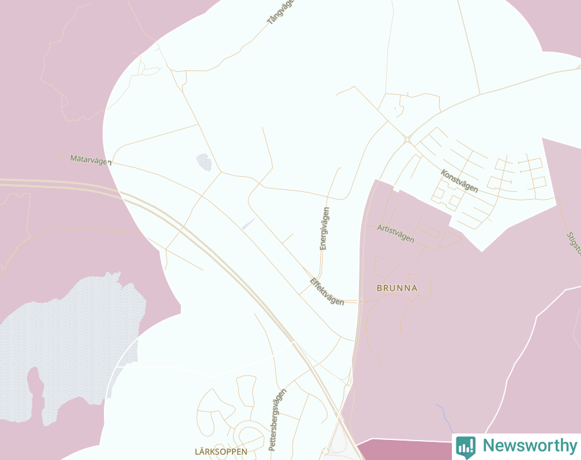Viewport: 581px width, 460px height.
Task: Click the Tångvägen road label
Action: [x=280, y=12]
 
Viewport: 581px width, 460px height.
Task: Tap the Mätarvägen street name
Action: [x=90, y=160]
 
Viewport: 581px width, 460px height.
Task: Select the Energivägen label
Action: [x=325, y=228]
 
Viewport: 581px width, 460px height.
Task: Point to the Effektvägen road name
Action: [x=327, y=291]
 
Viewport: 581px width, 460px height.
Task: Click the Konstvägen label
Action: [x=460, y=181]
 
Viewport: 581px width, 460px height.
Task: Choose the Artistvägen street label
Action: [x=396, y=233]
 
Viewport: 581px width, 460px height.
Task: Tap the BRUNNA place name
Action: [x=397, y=288]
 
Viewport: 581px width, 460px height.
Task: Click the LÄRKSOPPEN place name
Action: [x=221, y=452]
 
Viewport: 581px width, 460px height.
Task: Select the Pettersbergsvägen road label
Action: [x=277, y=419]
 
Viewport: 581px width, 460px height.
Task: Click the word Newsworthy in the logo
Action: [x=529, y=446]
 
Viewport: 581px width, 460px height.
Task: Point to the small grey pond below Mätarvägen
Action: [x=204, y=162]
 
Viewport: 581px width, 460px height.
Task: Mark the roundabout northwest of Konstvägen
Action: [x=407, y=139]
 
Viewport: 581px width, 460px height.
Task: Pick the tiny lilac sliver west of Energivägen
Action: [x=248, y=224]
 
